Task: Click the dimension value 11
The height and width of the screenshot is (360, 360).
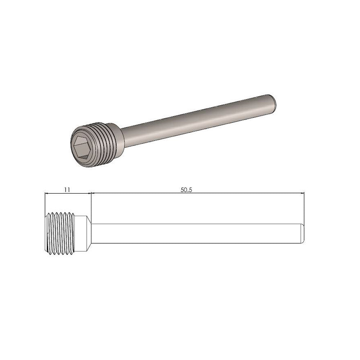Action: click(67, 189)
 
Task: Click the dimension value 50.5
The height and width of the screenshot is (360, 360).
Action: click(186, 189)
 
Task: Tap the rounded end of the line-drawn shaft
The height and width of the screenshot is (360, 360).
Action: click(303, 234)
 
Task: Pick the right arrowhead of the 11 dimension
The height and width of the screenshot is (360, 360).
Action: click(89, 194)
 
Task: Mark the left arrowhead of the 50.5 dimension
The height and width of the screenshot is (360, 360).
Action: click(93, 194)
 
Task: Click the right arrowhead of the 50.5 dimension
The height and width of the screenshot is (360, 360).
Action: click(303, 194)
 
